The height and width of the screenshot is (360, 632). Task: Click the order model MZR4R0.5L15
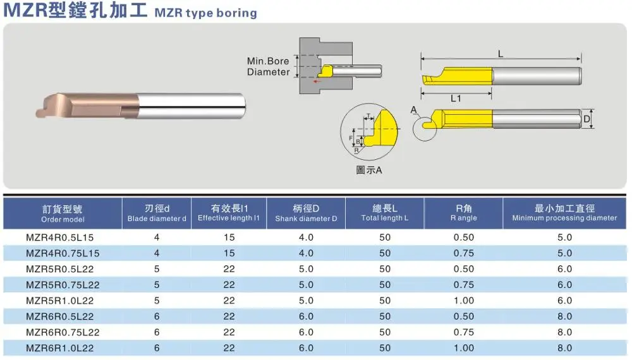[59, 237]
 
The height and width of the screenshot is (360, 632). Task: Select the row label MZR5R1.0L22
[59, 301]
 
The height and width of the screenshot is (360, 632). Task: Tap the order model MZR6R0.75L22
[63, 333]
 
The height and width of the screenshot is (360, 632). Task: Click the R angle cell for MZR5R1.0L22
[463, 301]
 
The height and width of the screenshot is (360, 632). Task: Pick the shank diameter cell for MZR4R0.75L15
[306, 253]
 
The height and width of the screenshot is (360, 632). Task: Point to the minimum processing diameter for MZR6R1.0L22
[564, 349]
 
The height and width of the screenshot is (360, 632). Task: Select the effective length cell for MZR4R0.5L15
[229, 237]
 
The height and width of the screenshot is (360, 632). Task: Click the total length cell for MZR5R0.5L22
[384, 269]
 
